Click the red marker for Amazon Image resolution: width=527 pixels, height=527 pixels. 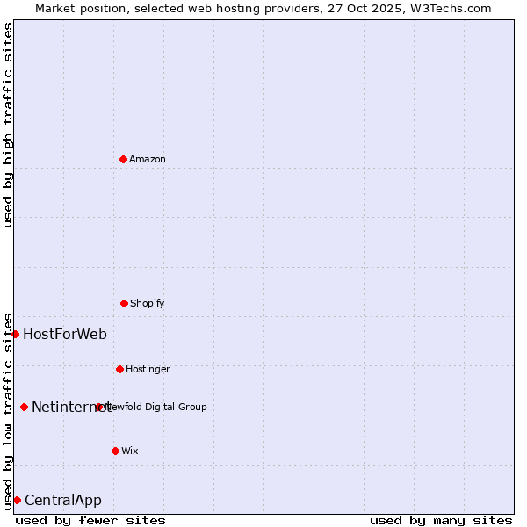click(123, 159)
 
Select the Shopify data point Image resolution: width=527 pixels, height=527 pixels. click(124, 303)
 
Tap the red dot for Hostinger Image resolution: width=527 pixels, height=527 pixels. click(119, 369)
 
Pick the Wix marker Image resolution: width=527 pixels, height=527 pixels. click(115, 451)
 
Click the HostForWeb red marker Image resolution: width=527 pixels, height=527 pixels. click(15, 334)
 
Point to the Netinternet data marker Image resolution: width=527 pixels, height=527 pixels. click(24, 407)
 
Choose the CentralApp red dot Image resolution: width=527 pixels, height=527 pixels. click(17, 500)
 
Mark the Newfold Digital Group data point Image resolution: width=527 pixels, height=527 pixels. click(98, 407)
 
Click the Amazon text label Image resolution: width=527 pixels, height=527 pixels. click(148, 159)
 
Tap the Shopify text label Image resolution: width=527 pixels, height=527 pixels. click(148, 303)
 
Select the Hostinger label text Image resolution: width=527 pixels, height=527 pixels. click(148, 369)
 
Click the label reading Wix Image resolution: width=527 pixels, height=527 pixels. click(130, 451)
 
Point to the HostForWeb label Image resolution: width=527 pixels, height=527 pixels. click(65, 334)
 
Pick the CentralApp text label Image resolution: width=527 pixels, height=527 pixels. click(63, 500)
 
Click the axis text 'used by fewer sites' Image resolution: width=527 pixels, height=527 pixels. click(90, 520)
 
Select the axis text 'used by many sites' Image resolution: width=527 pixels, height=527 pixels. click(441, 520)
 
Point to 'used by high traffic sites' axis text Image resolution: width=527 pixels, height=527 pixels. click(8, 125)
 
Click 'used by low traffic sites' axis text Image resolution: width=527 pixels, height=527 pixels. click(8, 410)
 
